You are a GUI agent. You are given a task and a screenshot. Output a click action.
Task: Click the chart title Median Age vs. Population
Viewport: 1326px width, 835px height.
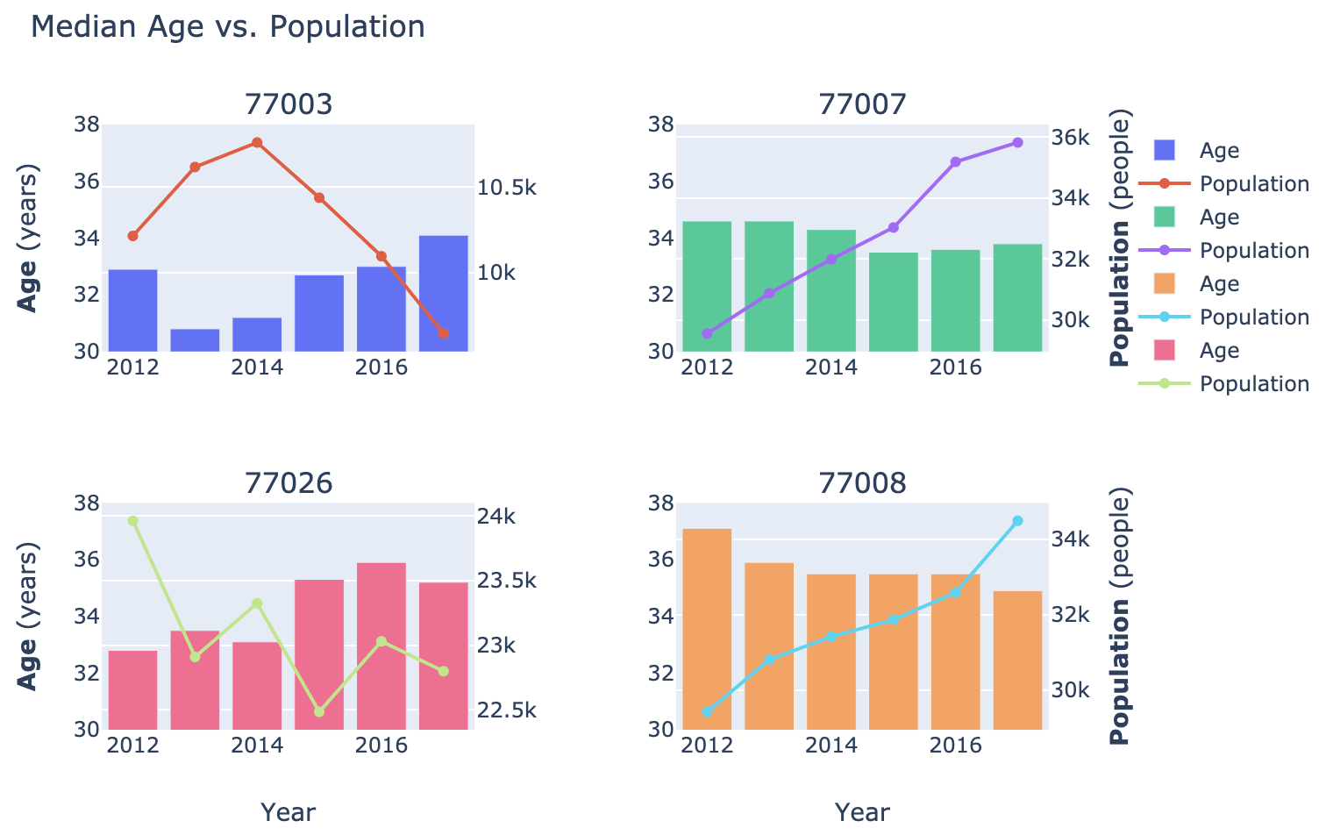click(227, 27)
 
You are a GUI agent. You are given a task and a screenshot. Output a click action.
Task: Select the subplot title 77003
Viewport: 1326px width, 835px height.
click(289, 104)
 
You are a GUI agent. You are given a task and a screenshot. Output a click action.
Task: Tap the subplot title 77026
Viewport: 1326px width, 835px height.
click(289, 483)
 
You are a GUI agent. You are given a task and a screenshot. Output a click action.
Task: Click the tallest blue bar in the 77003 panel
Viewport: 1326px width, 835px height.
click(443, 294)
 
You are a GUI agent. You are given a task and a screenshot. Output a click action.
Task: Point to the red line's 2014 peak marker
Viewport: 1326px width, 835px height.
click(257, 142)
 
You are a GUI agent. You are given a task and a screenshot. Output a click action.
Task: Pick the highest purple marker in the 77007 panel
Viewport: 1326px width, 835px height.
click(1017, 142)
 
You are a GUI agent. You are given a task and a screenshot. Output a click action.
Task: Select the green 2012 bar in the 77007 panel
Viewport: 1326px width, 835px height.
click(707, 286)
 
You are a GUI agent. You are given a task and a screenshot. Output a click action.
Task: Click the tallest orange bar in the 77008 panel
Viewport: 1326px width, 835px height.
click(707, 629)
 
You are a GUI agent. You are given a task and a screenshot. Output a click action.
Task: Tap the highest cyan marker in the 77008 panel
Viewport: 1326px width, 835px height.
click(1017, 521)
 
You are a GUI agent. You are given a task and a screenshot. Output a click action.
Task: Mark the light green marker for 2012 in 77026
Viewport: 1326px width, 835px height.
click(132, 521)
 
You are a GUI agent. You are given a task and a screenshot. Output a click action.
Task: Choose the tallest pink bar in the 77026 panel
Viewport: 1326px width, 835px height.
click(381, 646)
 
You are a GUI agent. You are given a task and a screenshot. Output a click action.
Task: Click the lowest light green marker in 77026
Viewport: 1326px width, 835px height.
click(319, 711)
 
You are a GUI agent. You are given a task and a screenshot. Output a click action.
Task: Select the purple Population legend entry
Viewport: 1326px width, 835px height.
click(1254, 250)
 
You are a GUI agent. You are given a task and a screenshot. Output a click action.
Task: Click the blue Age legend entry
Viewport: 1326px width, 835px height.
click(1219, 150)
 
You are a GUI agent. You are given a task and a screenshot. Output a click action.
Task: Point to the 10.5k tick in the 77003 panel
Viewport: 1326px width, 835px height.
click(506, 188)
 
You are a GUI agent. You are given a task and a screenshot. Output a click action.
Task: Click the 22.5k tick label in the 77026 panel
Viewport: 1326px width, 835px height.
click(506, 710)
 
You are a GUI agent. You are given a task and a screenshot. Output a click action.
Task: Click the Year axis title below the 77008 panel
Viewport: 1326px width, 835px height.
click(862, 812)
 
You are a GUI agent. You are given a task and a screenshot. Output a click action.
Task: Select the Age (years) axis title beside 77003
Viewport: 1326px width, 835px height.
click(28, 238)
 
